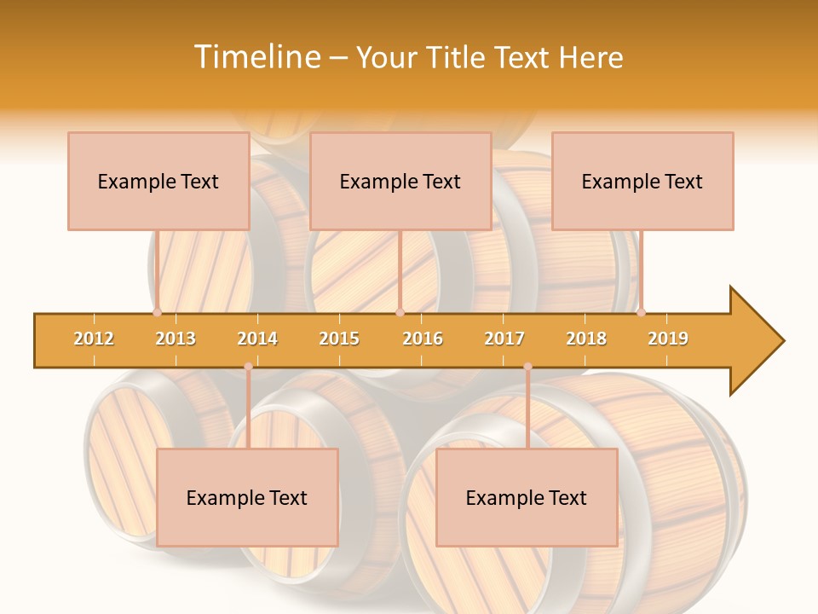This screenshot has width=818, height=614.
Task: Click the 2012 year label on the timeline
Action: (94, 339)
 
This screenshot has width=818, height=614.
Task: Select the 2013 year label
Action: (176, 339)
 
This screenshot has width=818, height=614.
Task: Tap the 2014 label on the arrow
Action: (257, 339)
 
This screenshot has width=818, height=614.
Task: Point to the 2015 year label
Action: (339, 339)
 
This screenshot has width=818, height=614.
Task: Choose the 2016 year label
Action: (423, 339)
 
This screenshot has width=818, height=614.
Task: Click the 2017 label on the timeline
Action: (504, 339)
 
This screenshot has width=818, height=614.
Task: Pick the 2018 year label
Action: (586, 339)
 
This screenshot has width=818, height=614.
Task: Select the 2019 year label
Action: (668, 339)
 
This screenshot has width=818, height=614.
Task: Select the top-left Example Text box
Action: (158, 181)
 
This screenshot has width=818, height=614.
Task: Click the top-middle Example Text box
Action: (400, 181)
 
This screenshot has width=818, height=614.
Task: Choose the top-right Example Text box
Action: (642, 181)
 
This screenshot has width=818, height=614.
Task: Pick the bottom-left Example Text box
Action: (247, 497)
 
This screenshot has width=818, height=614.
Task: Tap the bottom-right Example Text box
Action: (527, 497)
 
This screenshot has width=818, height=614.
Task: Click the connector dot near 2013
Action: (157, 312)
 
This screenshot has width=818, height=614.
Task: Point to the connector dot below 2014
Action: (248, 367)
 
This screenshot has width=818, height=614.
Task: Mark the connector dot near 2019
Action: (641, 312)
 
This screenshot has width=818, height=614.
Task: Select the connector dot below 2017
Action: (527, 367)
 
